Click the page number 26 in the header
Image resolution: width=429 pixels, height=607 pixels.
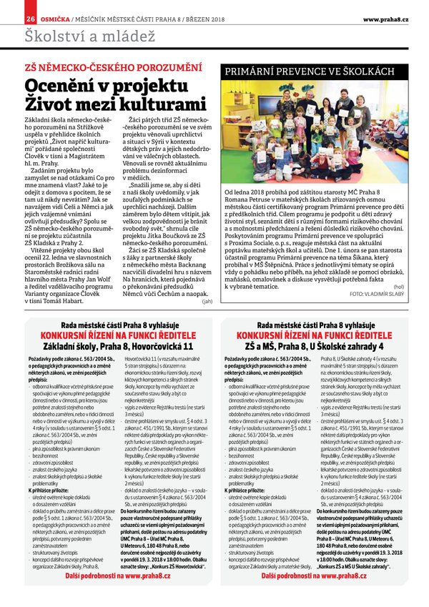pos(30,17)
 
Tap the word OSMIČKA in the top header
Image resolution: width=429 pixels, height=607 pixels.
pos(54,17)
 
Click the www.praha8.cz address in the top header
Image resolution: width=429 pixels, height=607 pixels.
pos(385,17)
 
